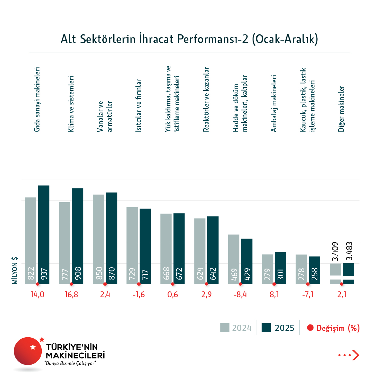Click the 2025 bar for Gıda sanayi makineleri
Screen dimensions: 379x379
point(44,235)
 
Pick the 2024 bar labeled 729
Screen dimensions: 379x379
point(132,245)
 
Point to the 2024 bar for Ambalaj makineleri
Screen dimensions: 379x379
point(268,269)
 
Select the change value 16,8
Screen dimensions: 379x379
point(71,295)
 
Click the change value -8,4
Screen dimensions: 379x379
point(240,295)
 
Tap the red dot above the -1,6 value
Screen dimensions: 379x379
point(139,284)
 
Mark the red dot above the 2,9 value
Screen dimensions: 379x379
point(206,284)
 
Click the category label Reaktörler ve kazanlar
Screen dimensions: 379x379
point(206,99)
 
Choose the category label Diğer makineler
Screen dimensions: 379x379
point(341,109)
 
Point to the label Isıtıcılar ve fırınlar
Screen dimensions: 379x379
point(139,106)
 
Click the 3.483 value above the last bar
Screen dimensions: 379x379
point(349,251)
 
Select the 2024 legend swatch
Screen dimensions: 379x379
point(225,328)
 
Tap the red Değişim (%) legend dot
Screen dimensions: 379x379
point(310,328)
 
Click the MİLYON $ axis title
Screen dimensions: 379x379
point(15,271)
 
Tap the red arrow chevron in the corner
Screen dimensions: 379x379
point(356,355)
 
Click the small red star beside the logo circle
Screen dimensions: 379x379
point(42,339)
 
